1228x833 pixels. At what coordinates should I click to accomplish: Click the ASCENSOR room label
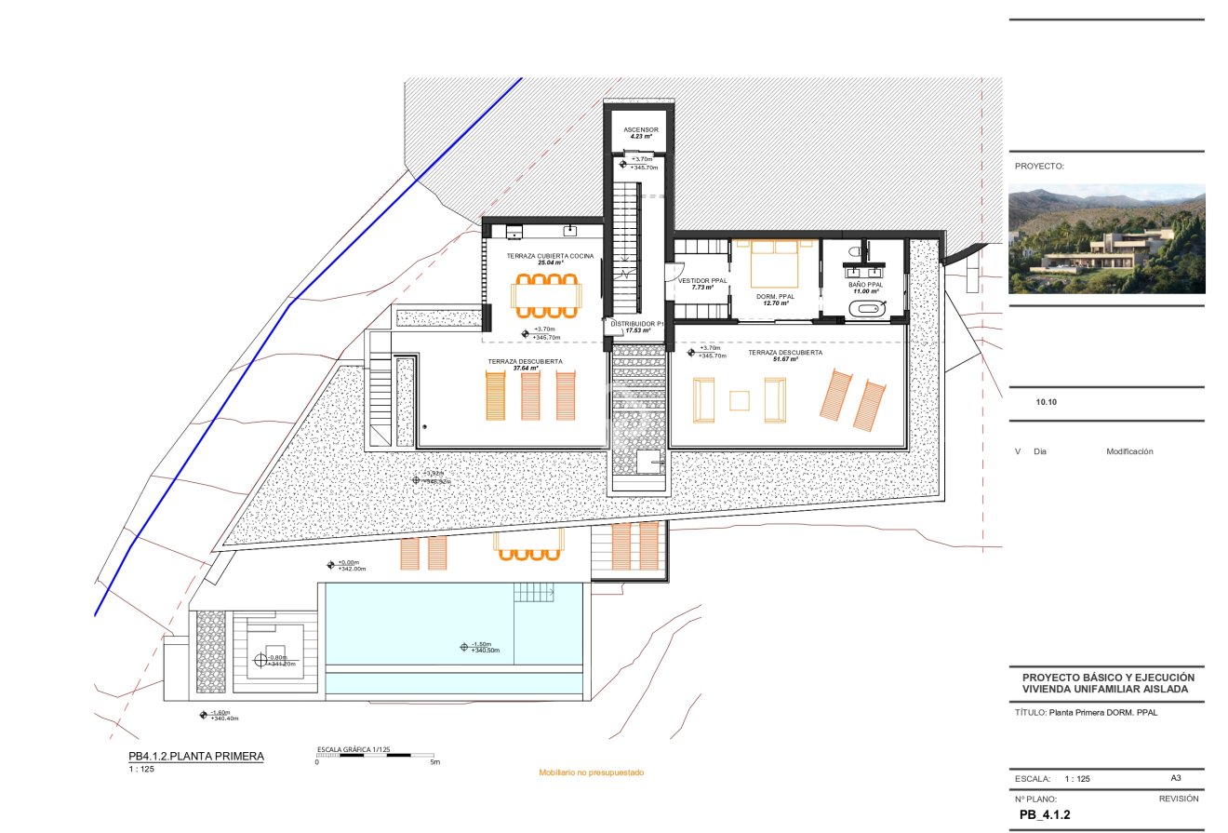coord(640,129)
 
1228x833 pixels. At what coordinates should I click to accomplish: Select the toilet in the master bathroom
coord(857,252)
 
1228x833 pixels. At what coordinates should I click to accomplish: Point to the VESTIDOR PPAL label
coord(702,280)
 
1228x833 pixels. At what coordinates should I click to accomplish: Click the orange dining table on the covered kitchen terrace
coord(545,295)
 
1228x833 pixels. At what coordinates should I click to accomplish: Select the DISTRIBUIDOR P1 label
coord(633,323)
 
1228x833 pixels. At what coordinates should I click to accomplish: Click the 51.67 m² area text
coord(786,359)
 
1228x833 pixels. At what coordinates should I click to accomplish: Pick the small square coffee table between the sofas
coord(740,400)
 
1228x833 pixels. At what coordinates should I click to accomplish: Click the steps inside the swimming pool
coord(535,592)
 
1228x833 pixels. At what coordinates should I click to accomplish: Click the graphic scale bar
coord(376,755)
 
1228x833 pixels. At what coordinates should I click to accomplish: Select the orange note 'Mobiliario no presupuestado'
coord(591,773)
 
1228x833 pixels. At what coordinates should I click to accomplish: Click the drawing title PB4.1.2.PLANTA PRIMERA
coord(196,756)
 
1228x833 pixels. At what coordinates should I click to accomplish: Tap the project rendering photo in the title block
coord(1106,238)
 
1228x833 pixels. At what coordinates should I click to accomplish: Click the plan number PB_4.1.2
coord(1045,814)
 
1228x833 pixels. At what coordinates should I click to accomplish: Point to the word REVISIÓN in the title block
coord(1178,799)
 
